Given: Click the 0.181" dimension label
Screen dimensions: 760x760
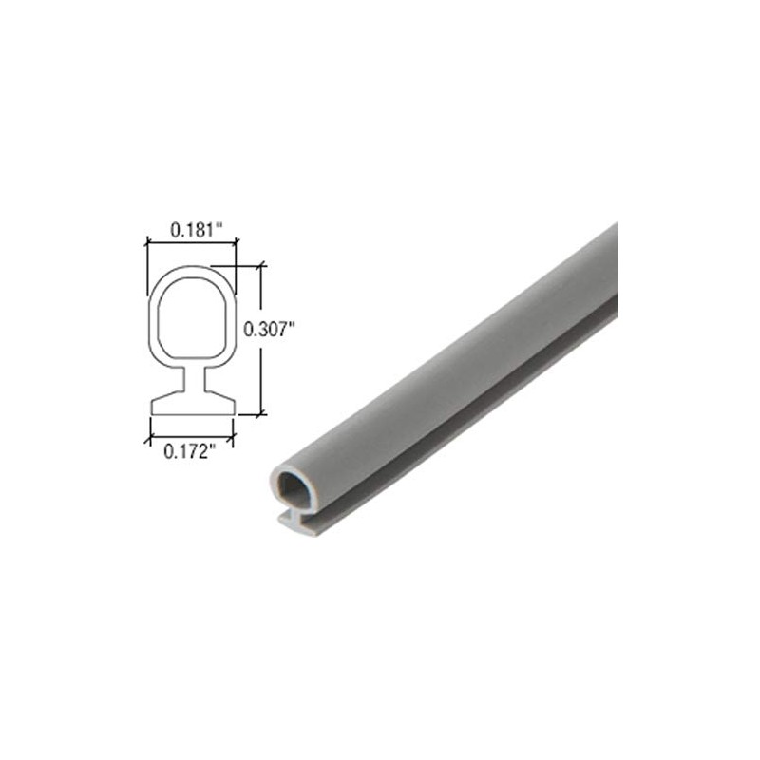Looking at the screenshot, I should pyautogui.click(x=196, y=229).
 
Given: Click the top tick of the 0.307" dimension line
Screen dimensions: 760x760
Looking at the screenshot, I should pyautogui.click(x=261, y=266).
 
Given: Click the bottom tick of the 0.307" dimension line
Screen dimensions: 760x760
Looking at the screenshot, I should pyautogui.click(x=261, y=413).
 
